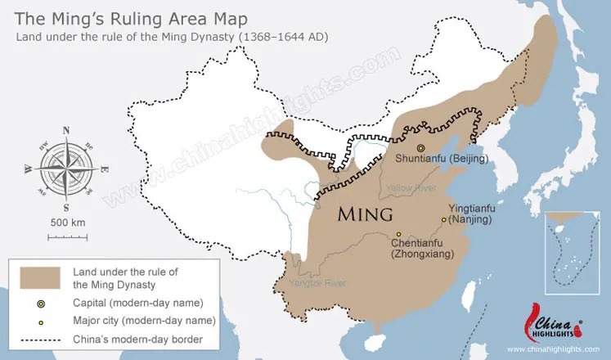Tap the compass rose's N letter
point(64,128)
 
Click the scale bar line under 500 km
point(66,236)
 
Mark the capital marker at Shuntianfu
point(421,147)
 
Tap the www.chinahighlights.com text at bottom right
point(550,348)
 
